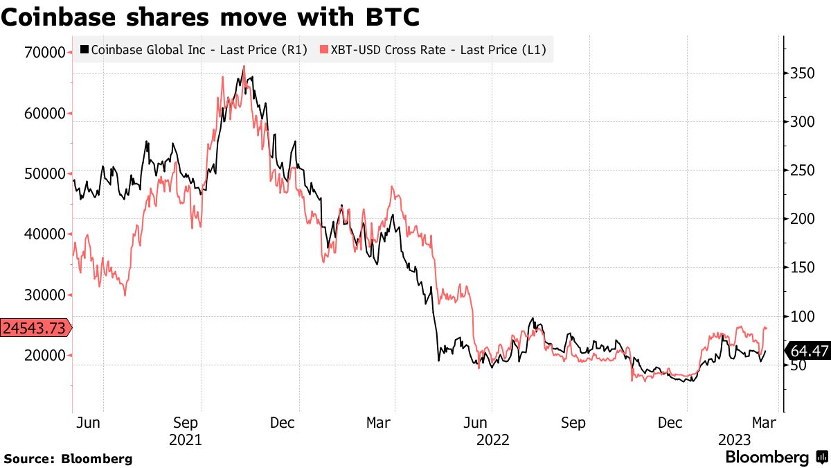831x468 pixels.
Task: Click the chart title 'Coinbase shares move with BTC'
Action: [x=210, y=17]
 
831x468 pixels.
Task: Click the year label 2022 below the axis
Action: [x=492, y=440]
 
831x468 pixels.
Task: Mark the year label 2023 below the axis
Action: [x=734, y=440]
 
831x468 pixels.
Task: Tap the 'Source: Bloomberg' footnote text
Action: [x=68, y=458]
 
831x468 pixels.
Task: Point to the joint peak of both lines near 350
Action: [x=243, y=68]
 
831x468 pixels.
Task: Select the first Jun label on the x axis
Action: [x=88, y=423]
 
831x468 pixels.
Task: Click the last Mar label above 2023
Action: [x=763, y=423]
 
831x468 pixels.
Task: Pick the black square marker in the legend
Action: [x=84, y=50]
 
